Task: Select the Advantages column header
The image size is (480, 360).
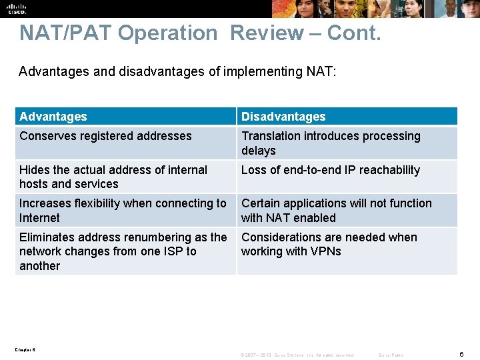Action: point(53,117)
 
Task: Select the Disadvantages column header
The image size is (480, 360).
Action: point(283,117)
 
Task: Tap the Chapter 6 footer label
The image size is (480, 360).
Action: point(25,349)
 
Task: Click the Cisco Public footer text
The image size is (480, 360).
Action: point(391,355)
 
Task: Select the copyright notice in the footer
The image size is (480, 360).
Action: point(297,355)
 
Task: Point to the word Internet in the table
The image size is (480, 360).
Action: point(39,218)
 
